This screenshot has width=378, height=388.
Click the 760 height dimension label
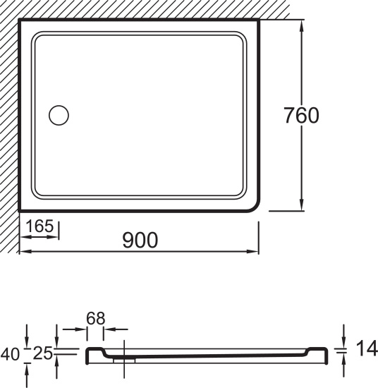point(301,115)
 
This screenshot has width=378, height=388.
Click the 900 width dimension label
point(140,240)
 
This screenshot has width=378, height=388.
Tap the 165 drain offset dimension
point(39,226)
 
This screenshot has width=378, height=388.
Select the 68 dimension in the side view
point(96,318)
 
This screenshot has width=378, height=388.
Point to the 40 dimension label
point(10,354)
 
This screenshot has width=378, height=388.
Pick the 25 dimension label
point(43,353)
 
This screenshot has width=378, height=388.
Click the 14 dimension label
point(367,348)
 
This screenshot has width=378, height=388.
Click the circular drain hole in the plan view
point(59,115)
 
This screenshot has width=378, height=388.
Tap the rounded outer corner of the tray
point(255,207)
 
